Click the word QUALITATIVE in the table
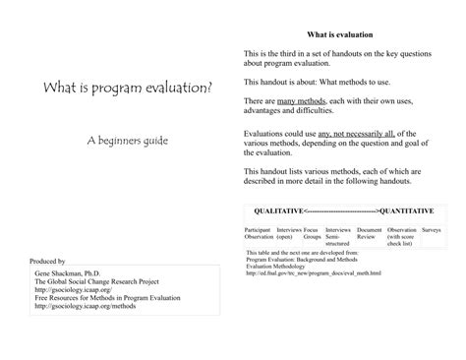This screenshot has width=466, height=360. click(278, 210)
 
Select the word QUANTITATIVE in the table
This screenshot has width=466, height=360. click(409, 210)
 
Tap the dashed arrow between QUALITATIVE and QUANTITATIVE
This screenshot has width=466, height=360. click(343, 210)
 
